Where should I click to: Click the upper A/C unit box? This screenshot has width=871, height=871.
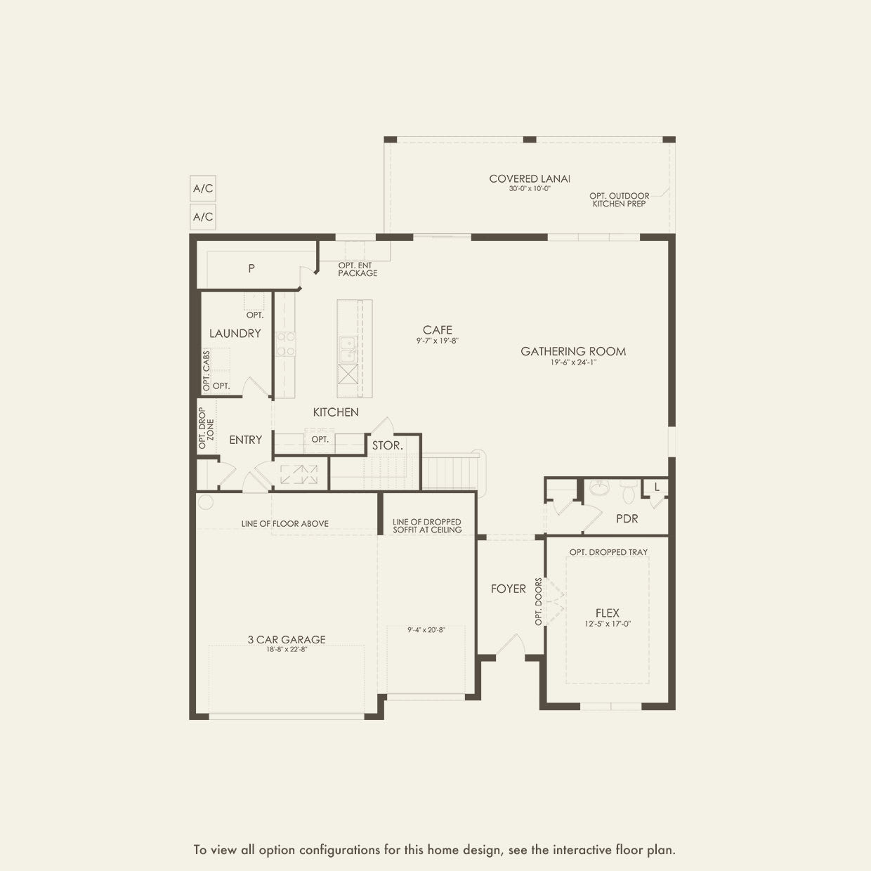[x=203, y=189]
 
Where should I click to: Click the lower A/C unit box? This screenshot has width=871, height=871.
[x=203, y=217]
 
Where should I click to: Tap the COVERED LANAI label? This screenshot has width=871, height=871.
[x=530, y=179]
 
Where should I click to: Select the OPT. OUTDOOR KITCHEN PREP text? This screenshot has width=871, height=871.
[x=619, y=199]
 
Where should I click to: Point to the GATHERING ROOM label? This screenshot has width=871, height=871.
[x=573, y=351]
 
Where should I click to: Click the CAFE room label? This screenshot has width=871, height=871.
[x=437, y=329]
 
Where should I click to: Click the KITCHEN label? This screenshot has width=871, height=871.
[x=336, y=412]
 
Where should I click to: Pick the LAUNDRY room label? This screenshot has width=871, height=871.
[x=235, y=334]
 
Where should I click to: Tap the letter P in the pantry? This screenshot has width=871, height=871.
[x=251, y=268]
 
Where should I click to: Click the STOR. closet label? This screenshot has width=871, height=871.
[x=387, y=445]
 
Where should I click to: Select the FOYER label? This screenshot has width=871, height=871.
[x=508, y=589]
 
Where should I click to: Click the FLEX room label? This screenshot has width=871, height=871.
[x=607, y=613]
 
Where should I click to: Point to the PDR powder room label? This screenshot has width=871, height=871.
[x=627, y=518]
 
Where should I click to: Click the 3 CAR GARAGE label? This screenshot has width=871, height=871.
[x=286, y=639]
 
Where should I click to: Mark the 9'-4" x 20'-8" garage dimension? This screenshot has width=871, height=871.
[x=426, y=630]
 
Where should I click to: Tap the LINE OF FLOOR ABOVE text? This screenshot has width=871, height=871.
[x=284, y=523]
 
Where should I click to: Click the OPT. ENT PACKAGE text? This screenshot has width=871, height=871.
[x=358, y=269]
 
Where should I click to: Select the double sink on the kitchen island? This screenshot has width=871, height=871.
[x=347, y=350]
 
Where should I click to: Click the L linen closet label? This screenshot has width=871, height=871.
[x=657, y=487]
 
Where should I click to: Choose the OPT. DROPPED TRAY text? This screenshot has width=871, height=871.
[x=608, y=552]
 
